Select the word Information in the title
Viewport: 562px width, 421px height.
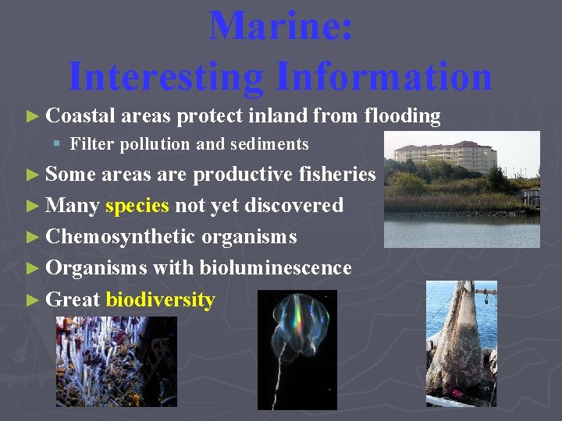[382, 76]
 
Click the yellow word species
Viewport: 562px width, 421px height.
[137, 205]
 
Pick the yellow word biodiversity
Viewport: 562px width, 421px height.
[160, 299]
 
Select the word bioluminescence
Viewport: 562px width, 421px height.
[275, 267]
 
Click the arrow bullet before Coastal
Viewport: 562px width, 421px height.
[32, 117]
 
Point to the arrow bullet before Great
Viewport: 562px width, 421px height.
[32, 299]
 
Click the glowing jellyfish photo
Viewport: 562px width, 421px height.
[297, 349]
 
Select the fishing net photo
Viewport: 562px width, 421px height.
[461, 343]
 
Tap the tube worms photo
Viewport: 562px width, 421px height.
[116, 361]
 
